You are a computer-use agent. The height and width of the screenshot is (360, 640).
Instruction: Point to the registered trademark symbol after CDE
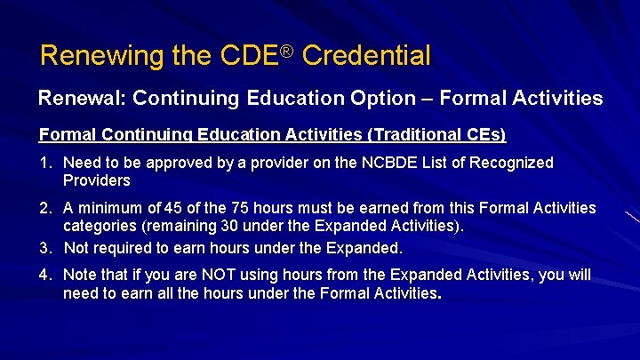click(x=286, y=49)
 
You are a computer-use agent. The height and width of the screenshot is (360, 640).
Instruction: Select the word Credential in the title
click(x=366, y=56)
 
